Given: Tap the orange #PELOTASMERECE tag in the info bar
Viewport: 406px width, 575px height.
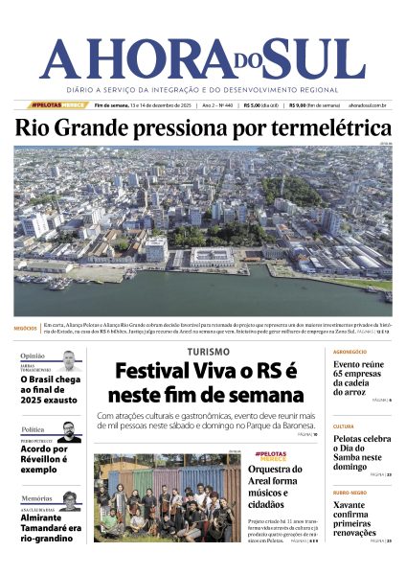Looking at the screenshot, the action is click(x=59, y=105).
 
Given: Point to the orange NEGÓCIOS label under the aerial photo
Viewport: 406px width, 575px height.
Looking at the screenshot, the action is click(x=26, y=328).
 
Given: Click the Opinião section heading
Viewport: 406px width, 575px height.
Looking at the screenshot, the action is click(x=33, y=356).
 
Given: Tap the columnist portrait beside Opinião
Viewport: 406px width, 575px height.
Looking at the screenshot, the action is click(x=67, y=361).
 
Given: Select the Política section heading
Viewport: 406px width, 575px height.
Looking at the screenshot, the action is click(x=33, y=429).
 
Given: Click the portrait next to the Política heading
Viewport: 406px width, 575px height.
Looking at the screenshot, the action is click(x=69, y=432).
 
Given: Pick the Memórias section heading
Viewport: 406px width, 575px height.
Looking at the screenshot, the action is click(x=36, y=498).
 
